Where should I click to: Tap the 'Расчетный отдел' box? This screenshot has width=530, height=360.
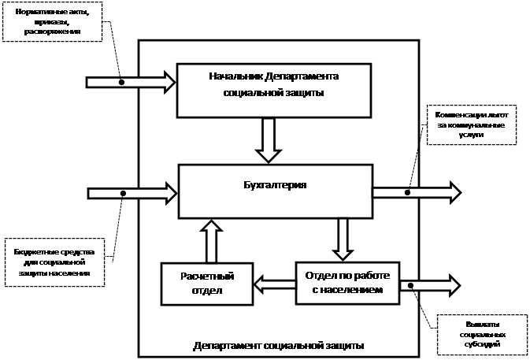(208, 284)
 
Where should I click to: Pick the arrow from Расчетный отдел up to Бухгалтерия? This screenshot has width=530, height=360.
(211, 241)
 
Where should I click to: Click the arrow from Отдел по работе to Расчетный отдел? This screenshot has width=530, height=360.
(275, 280)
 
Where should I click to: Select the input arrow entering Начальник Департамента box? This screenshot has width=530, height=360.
(130, 81)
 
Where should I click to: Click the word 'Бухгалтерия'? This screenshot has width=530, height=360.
(275, 186)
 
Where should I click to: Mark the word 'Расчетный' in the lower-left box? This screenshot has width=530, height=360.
(208, 276)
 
